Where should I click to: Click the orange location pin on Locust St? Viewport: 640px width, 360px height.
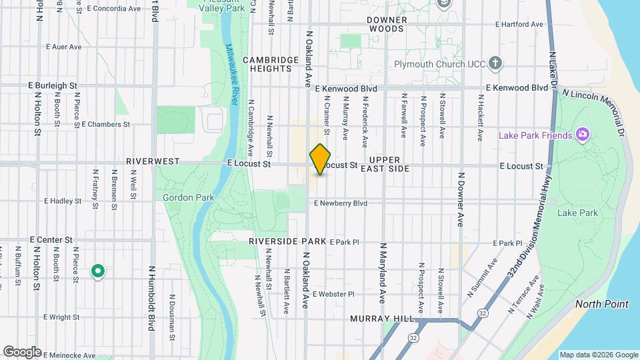(x=321, y=159)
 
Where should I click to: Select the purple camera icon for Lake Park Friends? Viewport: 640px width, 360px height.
(x=583, y=135)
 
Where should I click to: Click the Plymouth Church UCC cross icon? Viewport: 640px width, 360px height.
(x=495, y=64)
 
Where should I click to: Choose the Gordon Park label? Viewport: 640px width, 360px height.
(x=179, y=197)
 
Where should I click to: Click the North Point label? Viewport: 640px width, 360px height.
(x=603, y=304)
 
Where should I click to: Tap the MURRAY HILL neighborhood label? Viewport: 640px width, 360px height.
(x=382, y=319)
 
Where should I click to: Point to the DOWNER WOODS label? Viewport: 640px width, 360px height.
(x=386, y=25)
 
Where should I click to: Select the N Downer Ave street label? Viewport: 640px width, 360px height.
(x=460, y=199)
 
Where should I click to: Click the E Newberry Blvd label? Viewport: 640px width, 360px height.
(x=340, y=203)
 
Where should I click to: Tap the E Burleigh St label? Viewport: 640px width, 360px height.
(x=53, y=86)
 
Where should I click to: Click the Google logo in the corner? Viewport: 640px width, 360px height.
(x=22, y=351)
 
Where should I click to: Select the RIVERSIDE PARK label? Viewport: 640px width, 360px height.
(x=288, y=241)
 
